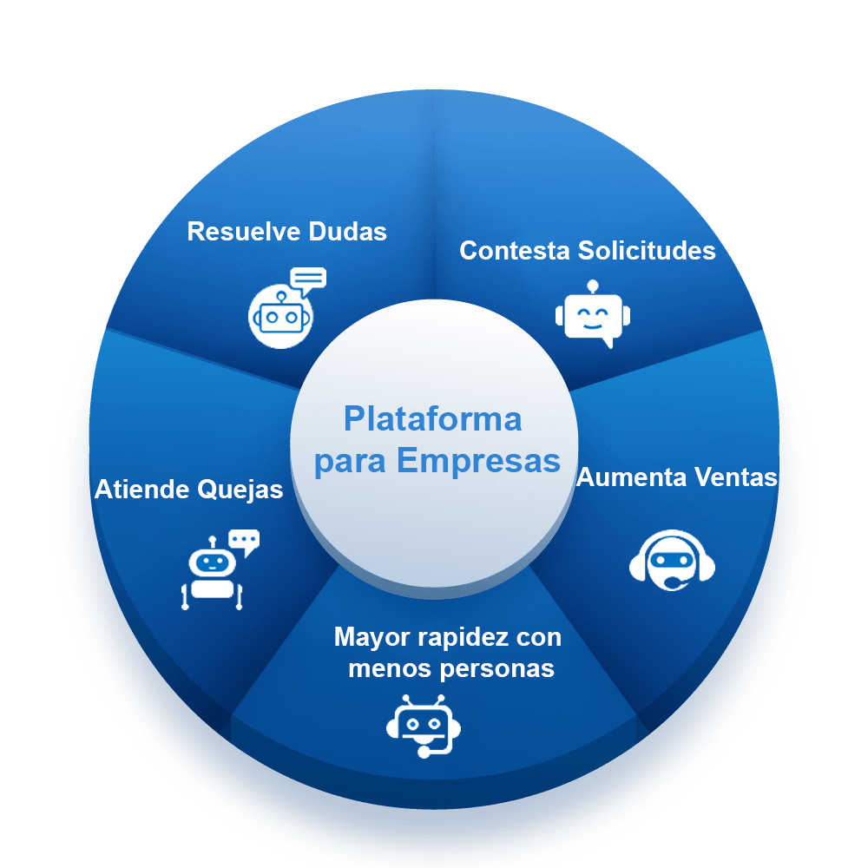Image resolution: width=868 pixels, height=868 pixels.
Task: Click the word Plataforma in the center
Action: click(x=432, y=419)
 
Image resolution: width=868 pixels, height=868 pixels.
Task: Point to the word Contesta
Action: click(x=514, y=251)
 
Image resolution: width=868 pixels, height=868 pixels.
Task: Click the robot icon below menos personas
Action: click(x=423, y=725)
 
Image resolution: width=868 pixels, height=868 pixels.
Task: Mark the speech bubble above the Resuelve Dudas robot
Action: click(x=308, y=279)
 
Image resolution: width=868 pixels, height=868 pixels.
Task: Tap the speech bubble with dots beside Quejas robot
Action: click(x=244, y=542)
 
